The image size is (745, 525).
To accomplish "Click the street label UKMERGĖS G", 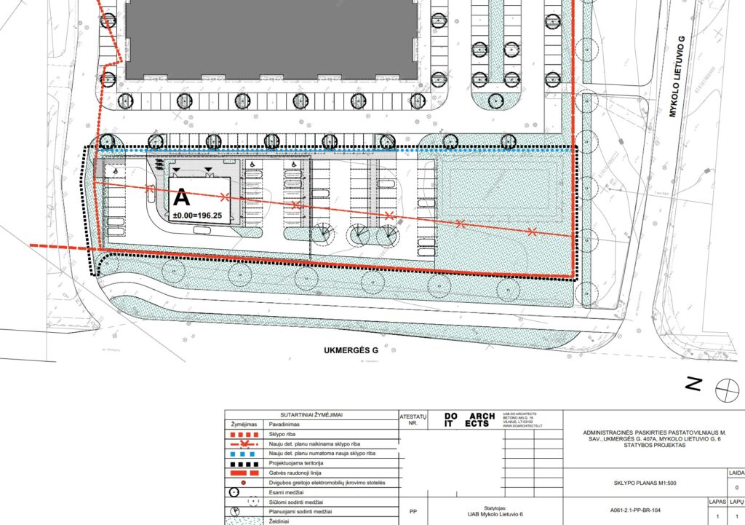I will [351, 351].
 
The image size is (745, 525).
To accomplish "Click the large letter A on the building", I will [180, 197].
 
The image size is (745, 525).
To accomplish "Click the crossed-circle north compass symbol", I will [725, 391].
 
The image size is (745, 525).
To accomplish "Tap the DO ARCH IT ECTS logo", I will [464, 420].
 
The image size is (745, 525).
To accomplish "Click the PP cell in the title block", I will [413, 510].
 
